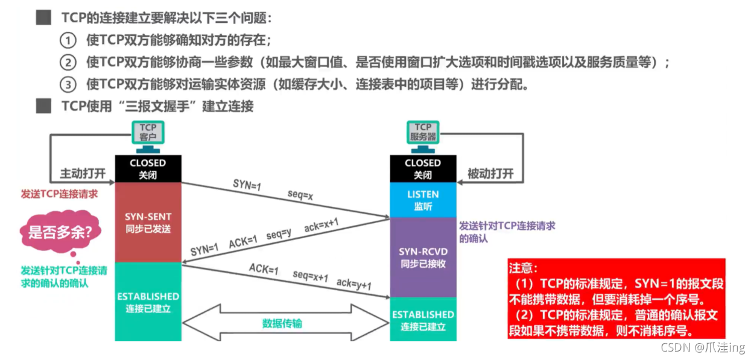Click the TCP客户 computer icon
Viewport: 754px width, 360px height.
point(148,132)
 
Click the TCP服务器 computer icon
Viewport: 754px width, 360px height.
point(423,132)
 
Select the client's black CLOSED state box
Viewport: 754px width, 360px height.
point(148,168)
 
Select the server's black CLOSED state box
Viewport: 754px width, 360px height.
point(423,168)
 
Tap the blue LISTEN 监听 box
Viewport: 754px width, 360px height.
point(423,200)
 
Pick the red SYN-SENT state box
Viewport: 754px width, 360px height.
point(148,223)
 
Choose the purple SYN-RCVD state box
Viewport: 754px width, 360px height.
point(423,257)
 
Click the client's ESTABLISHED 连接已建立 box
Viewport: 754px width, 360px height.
point(148,302)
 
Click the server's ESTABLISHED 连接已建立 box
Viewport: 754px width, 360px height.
point(423,320)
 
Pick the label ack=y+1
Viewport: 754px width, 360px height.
point(354,285)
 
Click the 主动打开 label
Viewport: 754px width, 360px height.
point(83,174)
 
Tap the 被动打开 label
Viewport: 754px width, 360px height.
point(490,174)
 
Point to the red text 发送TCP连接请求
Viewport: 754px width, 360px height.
point(59,194)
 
